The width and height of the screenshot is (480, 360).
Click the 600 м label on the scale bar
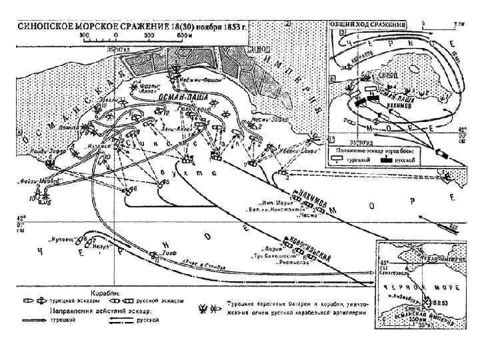[178, 34]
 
